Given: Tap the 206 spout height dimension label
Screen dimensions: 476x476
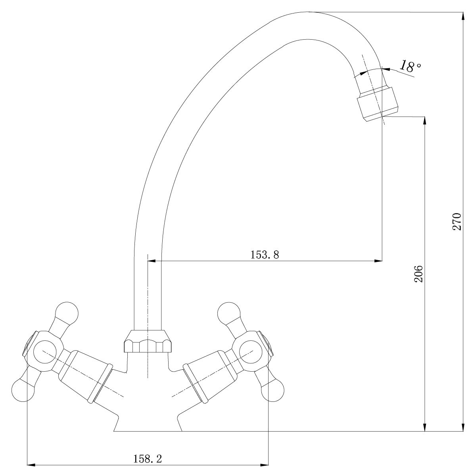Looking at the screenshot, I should point(418,273).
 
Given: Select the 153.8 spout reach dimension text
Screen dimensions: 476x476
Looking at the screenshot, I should point(265,255).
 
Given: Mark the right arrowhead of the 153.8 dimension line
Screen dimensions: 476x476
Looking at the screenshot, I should point(379,261).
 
